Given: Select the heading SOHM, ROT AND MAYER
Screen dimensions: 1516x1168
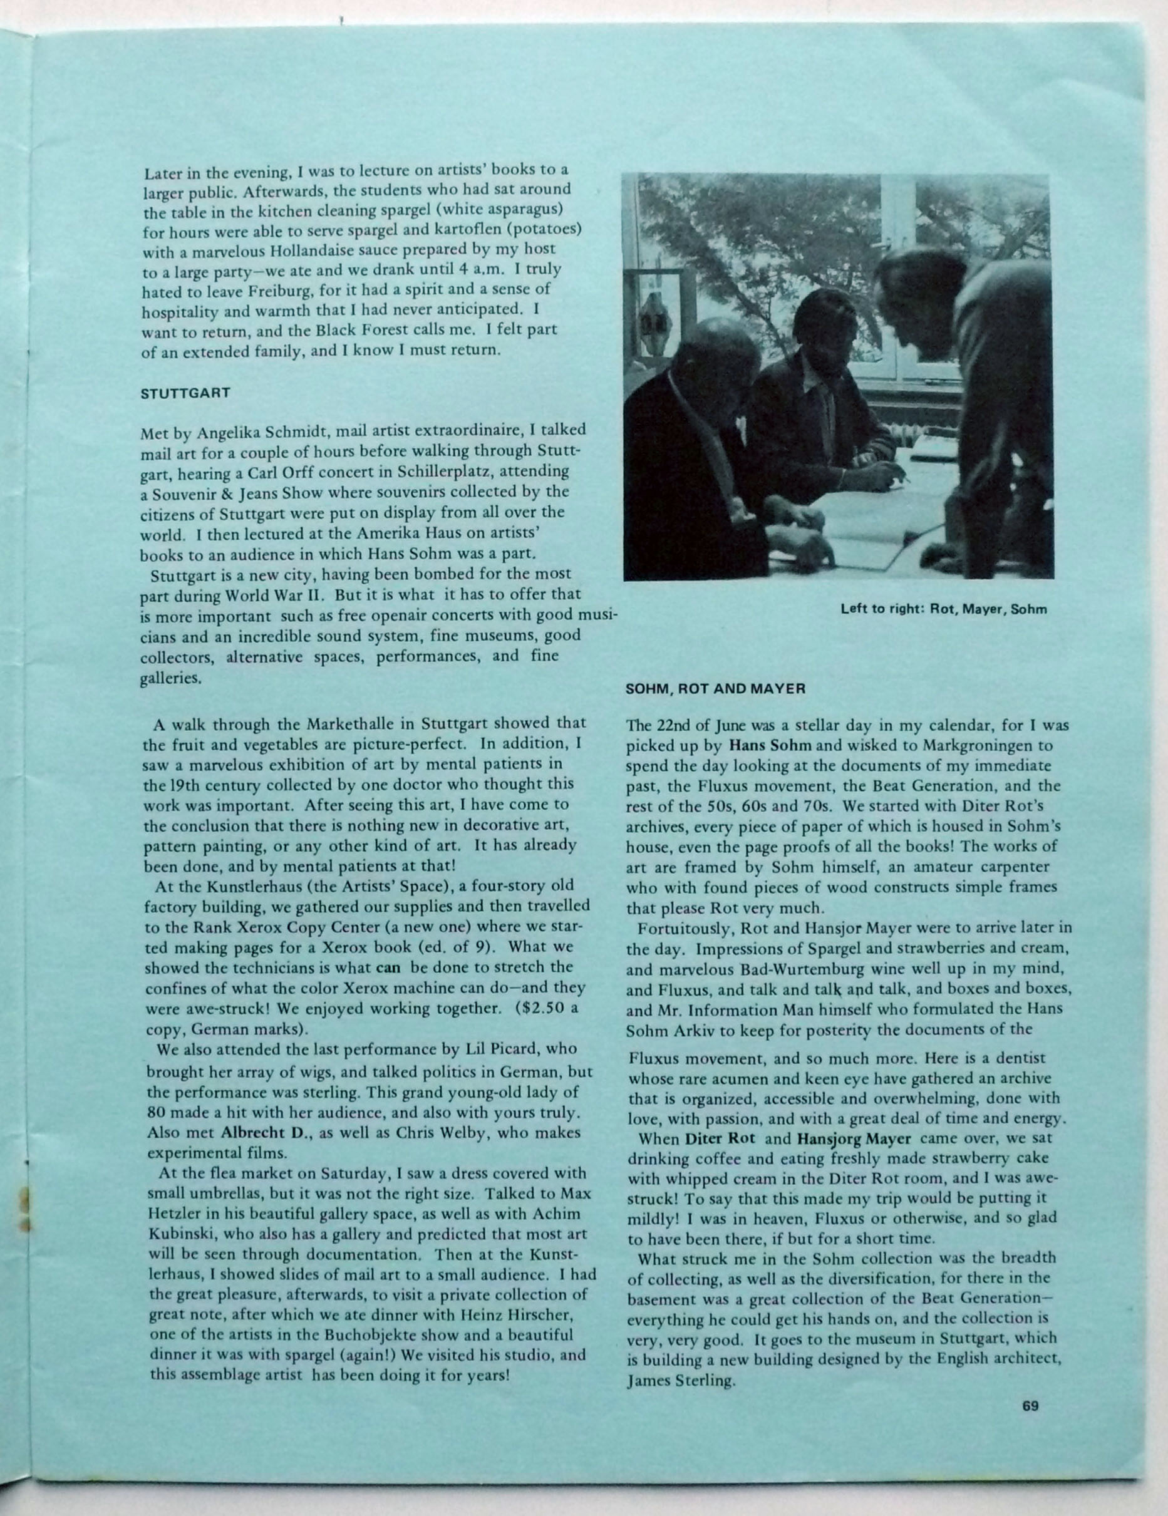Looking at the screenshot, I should (x=715, y=689).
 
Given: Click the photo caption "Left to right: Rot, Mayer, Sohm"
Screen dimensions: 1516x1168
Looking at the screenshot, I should (x=943, y=610).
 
